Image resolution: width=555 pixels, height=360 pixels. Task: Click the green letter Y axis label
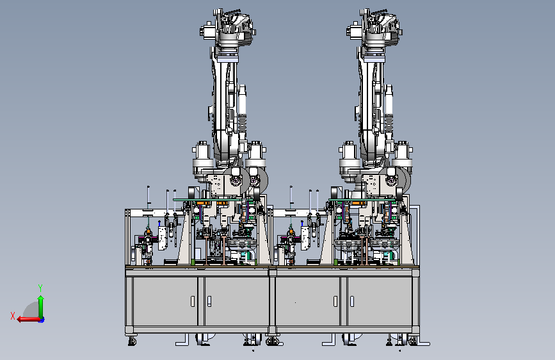pos(40,288)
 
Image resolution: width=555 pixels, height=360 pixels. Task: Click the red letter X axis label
pos(13,316)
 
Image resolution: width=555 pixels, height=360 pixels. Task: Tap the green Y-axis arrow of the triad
pos(41,307)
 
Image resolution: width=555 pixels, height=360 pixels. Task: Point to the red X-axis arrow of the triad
pos(28,319)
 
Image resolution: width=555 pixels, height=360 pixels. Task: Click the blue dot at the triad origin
pos(42,320)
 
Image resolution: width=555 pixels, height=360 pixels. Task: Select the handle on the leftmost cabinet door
pos(193,301)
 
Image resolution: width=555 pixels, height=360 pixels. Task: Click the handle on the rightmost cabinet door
pos(352,301)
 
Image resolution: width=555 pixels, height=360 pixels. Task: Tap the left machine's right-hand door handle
pos(209,301)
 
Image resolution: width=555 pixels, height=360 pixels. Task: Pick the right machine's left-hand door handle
pos(335,301)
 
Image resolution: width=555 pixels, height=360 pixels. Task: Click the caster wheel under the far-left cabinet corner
pos(132,341)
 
